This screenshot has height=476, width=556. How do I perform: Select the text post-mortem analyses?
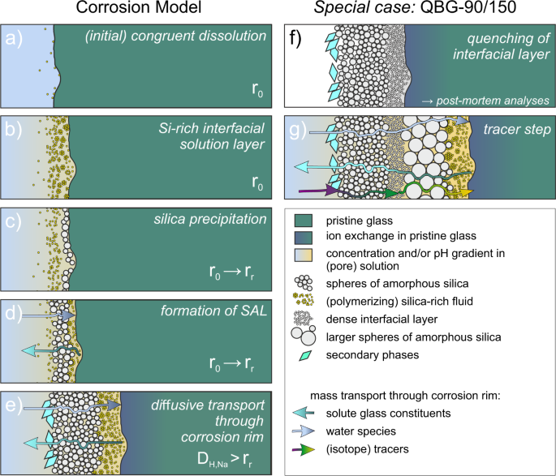click(490, 100)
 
